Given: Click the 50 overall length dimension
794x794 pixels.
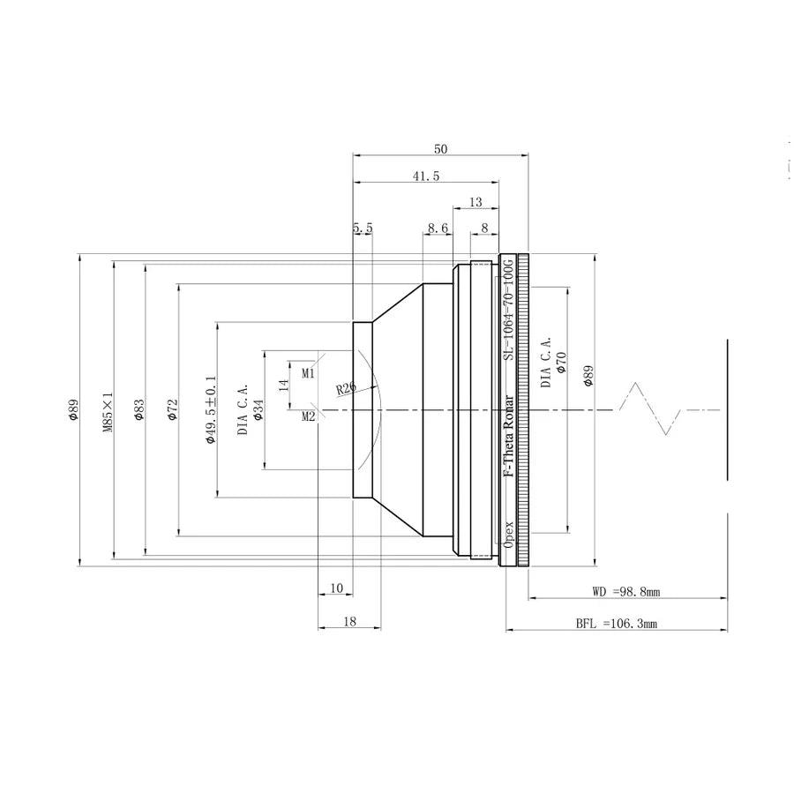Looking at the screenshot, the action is (x=440, y=149).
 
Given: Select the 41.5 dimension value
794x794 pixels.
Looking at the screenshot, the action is (x=426, y=176).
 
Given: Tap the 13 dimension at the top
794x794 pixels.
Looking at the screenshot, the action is (x=476, y=203).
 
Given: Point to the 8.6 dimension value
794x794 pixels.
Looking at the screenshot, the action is (x=438, y=228).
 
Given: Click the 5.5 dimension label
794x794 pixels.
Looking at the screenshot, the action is (x=363, y=228).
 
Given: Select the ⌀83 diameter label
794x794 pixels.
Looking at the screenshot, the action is (x=139, y=409).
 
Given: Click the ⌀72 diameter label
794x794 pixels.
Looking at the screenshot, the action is (x=172, y=409).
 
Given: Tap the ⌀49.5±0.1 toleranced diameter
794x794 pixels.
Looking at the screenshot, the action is (x=211, y=410).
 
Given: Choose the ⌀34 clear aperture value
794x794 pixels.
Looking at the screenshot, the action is (x=258, y=410).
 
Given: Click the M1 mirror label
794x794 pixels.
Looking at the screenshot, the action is (x=309, y=374).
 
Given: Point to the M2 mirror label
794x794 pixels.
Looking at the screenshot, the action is (x=309, y=416).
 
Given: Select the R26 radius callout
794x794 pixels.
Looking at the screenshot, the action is (x=347, y=388).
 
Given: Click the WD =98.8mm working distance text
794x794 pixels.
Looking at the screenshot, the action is (x=625, y=591).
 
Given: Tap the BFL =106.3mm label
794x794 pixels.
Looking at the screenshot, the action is (x=617, y=624).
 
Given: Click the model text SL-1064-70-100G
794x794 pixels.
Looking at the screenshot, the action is (x=508, y=310).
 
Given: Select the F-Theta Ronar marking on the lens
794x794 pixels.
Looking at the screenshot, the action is (x=508, y=436).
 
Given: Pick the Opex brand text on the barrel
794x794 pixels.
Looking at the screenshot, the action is (x=508, y=534).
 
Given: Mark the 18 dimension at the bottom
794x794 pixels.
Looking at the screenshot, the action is (x=349, y=621).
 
